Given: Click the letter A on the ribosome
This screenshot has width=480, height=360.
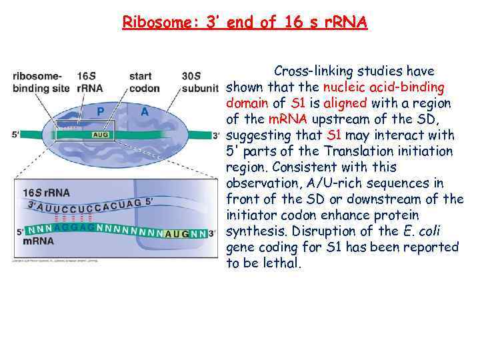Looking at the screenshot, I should pos(145,112).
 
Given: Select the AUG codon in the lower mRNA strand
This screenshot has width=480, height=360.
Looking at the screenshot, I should pos(177,234).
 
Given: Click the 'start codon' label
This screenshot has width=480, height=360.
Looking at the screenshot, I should pos(144,82).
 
